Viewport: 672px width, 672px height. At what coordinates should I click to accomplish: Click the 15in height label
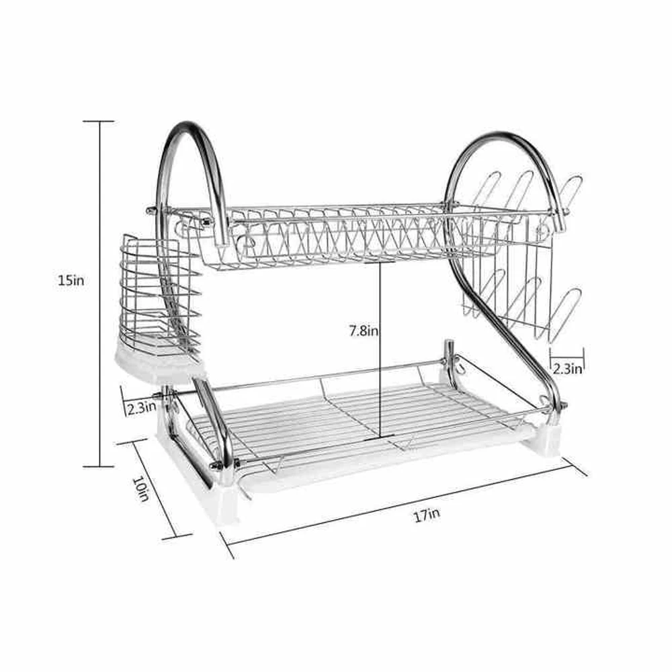point(71,280)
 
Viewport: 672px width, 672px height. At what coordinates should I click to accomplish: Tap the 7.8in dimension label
point(364,331)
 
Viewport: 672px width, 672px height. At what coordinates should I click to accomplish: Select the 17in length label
point(427,515)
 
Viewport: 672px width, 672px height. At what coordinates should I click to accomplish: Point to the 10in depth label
point(140,489)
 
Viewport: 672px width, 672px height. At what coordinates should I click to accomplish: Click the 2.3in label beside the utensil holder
point(141,407)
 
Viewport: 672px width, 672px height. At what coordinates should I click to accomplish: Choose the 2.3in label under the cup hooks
point(567,368)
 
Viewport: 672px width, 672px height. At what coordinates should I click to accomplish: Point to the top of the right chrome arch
point(501,134)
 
